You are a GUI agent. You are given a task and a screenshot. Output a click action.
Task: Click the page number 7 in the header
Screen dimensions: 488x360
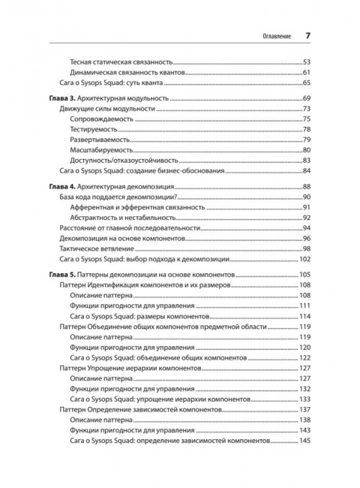307,35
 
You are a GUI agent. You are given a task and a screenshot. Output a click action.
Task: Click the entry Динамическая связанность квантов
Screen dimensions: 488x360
127,71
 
